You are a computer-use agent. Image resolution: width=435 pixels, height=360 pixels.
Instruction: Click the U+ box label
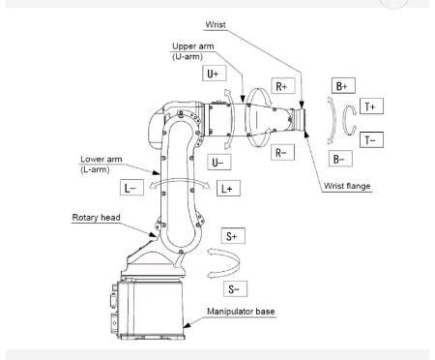point(215,73)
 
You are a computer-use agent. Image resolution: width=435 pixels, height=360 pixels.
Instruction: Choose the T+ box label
point(372,105)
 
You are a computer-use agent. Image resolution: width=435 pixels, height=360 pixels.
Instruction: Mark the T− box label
point(372,140)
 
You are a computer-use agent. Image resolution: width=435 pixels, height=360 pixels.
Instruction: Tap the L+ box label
point(226,189)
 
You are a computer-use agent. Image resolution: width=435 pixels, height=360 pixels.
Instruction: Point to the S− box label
point(233,288)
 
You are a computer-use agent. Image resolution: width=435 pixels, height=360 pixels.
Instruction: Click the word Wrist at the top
point(218,22)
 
